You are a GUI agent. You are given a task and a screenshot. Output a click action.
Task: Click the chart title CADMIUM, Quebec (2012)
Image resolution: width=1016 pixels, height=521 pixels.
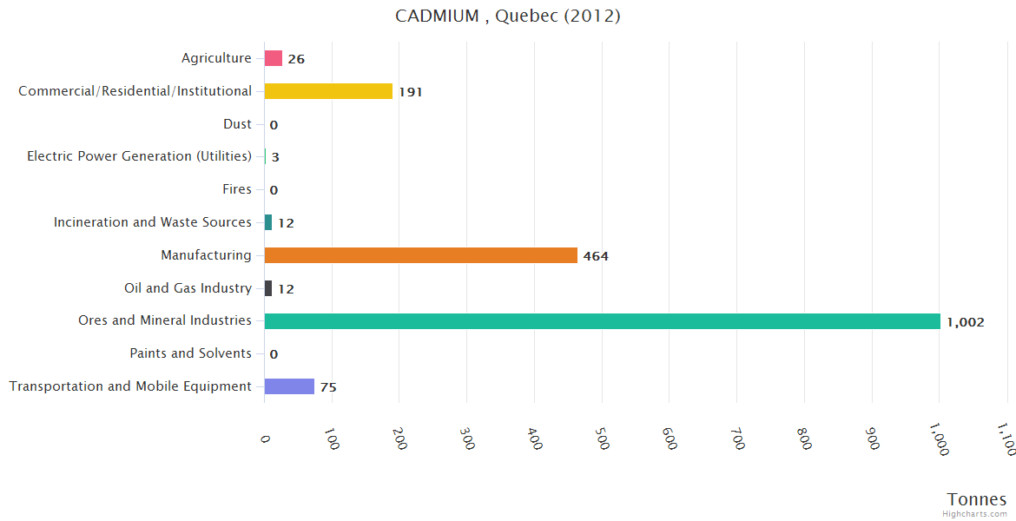pos(508,16)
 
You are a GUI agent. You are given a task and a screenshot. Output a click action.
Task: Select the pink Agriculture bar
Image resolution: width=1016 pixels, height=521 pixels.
pos(274,58)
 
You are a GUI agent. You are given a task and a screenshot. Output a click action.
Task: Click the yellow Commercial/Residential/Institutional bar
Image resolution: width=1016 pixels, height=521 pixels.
pos(328,91)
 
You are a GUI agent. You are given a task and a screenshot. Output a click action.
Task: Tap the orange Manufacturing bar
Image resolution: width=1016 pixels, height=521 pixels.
pos(421,255)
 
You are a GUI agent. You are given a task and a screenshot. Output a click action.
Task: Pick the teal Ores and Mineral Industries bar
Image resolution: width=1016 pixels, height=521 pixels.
pos(602,321)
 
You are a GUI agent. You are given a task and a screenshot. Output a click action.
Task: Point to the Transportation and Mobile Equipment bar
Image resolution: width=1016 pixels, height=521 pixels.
pos(289,386)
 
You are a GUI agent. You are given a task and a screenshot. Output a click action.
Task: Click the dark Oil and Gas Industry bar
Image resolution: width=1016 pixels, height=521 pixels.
pos(268,288)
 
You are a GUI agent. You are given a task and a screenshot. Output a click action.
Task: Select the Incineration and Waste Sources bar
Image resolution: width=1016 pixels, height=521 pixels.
pos(268,222)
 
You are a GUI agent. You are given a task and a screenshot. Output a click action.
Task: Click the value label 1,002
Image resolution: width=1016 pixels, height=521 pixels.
pos(965,322)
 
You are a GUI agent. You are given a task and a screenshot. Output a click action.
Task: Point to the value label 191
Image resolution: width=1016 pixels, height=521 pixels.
pos(410,92)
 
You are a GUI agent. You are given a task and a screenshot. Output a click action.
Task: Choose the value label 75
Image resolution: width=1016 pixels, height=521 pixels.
pos(328,387)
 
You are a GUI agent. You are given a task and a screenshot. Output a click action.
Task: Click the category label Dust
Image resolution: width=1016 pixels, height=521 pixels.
pos(237,124)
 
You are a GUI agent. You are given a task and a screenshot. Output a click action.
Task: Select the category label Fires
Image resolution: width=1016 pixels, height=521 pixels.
pos(237,189)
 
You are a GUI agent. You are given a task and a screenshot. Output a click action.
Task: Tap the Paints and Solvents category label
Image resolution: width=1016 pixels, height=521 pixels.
pos(190,353)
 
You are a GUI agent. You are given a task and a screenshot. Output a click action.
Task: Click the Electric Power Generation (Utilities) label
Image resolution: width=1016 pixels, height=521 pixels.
pos(139,156)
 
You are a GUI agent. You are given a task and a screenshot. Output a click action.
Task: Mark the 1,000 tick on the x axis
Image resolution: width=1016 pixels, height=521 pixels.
pos(939,439)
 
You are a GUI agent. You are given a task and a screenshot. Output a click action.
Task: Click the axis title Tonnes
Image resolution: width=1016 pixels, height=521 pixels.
pos(977,499)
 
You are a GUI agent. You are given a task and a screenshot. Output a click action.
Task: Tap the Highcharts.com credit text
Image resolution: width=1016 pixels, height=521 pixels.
pos(975,514)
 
